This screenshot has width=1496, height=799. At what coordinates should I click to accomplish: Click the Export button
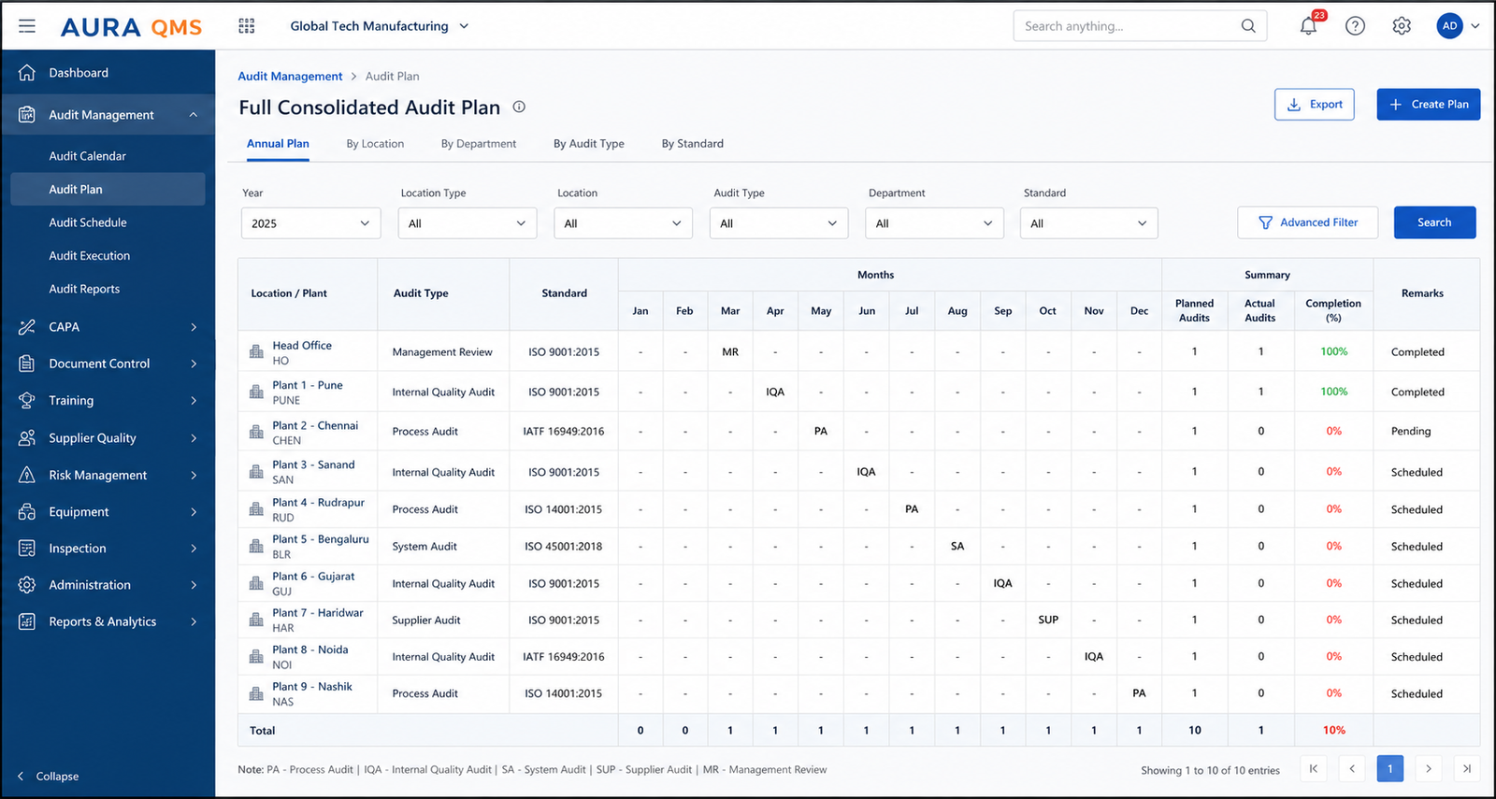[1314, 104]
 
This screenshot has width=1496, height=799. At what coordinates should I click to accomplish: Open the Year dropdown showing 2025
[310, 223]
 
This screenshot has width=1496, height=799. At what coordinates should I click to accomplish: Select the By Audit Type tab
[588, 144]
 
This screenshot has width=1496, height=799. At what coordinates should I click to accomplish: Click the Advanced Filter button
[1307, 222]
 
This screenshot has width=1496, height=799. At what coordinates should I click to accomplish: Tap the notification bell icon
[1308, 26]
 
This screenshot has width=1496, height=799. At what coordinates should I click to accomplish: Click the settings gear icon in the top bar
[1402, 26]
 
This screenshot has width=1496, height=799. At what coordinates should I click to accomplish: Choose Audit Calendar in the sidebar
[88, 155]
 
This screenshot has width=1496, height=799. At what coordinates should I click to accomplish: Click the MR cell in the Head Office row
[730, 351]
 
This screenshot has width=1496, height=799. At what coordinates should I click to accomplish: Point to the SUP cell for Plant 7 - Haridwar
[1048, 620]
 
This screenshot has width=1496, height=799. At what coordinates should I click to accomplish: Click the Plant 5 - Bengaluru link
[321, 538]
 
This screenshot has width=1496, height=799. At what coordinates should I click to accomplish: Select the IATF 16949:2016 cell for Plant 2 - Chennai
[564, 431]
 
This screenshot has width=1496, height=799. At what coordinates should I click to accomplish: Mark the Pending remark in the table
[1411, 431]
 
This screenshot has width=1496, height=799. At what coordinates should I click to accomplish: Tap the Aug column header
[957, 311]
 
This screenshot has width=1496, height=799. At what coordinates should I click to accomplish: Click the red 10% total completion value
[1333, 730]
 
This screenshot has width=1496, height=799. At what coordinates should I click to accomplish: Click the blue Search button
[1434, 222]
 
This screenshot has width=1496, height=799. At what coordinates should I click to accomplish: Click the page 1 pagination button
[1389, 769]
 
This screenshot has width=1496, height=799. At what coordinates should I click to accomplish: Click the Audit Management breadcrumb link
[290, 76]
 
